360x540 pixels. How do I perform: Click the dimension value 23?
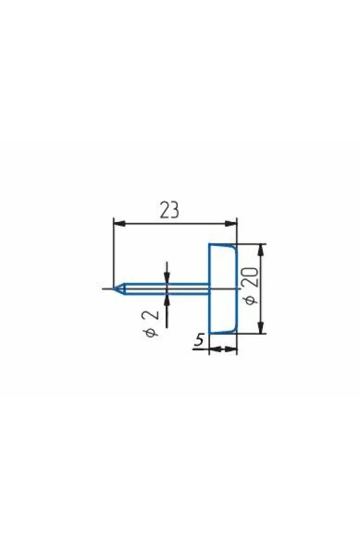click(x=169, y=210)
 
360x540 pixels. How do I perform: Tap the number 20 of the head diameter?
click(x=252, y=278)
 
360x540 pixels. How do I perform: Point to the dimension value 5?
click(x=199, y=341)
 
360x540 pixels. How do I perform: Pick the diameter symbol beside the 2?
click(x=151, y=332)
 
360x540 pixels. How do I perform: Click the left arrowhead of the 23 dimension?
click(x=119, y=224)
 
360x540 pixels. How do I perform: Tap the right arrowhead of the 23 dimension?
click(x=231, y=224)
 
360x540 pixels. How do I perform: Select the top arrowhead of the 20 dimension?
click(x=262, y=250)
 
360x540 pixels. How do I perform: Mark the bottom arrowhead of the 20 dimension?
click(x=262, y=328)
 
